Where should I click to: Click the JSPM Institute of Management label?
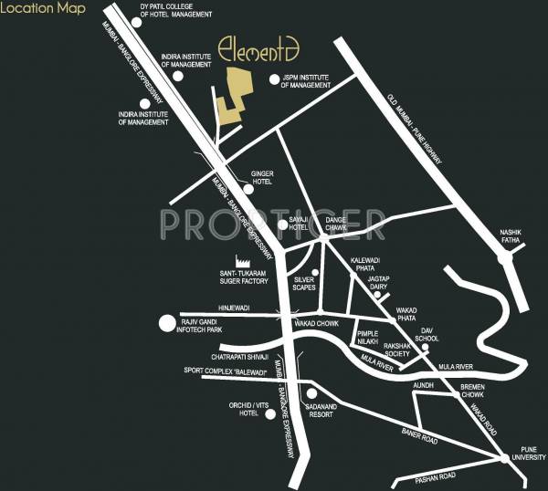pyautogui.click(x=306, y=80)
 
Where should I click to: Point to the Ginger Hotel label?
pyautogui.click(x=262, y=176)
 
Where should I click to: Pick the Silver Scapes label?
pyautogui.click(x=304, y=284)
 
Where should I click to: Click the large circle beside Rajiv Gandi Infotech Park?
pyautogui.click(x=166, y=322)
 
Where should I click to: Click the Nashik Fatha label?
pyautogui.click(x=510, y=236)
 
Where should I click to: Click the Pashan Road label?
pyautogui.click(x=434, y=477)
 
